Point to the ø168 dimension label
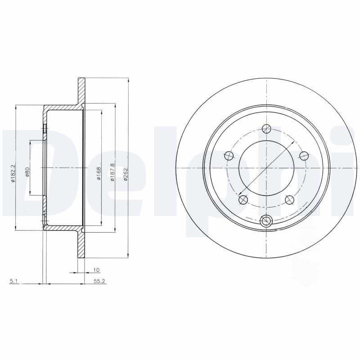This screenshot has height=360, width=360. click(x=99, y=173)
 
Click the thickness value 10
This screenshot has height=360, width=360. click(x=96, y=270)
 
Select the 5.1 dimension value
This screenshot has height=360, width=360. click(x=13, y=282)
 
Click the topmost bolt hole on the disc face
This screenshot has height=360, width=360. click(x=267, y=129)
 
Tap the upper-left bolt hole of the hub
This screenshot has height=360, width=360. click(x=229, y=156)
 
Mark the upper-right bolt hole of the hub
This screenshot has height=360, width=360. click(x=304, y=156)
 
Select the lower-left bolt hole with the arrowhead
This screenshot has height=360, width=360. click(x=243, y=199)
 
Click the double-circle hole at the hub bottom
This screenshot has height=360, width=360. click(x=267, y=220)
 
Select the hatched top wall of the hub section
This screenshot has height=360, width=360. click(x=63, y=108)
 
